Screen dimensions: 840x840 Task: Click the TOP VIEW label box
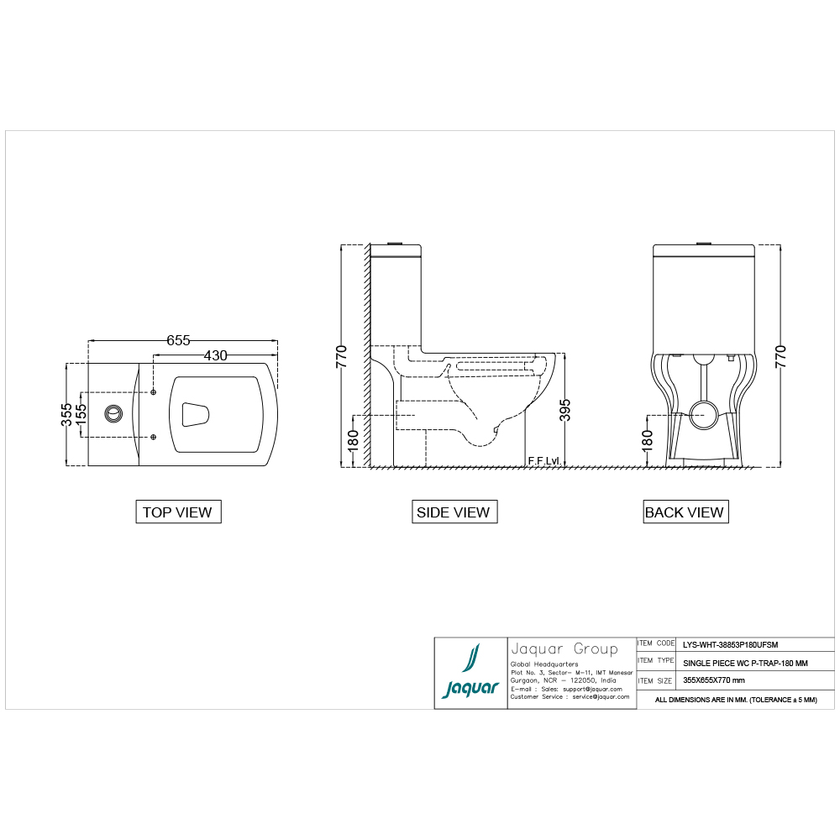pos(177,512)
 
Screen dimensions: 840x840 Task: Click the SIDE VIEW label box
pos(453,512)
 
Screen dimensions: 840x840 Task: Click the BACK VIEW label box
pos(684,512)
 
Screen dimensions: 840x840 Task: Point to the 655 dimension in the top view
pos(178,340)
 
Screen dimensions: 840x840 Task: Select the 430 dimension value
pos(215,355)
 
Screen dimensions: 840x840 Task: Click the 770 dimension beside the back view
pos(780,357)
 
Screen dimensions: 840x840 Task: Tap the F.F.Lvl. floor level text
pos(543,461)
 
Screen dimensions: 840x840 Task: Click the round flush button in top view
pos(113,413)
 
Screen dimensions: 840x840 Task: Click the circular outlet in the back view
pos(701,412)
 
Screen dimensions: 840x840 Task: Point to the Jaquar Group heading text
pos(564,648)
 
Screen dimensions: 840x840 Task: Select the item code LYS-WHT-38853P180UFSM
pos(730,644)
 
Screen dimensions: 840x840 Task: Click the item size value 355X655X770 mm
pos(713,680)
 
